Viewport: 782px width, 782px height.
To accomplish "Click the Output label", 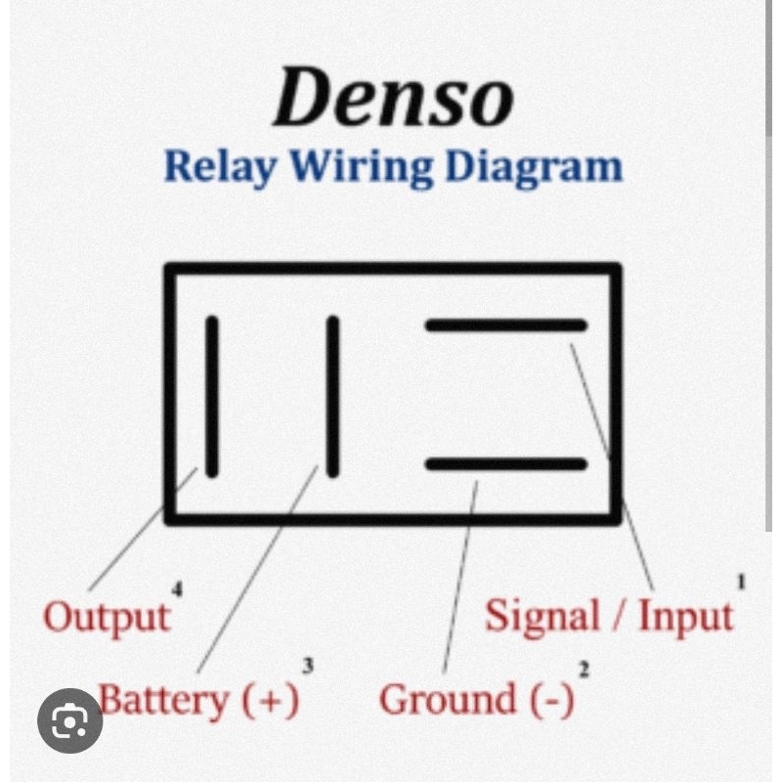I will click(x=106, y=618).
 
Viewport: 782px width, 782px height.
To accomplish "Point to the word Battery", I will click(x=162, y=700).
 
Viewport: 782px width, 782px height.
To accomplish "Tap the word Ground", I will click(x=447, y=700).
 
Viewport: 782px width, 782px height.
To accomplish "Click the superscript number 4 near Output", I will click(x=177, y=588).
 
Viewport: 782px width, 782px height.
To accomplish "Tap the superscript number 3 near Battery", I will click(x=308, y=667).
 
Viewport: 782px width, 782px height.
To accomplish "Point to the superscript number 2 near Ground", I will click(x=584, y=671).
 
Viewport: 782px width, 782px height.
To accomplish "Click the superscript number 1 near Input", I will click(x=741, y=584).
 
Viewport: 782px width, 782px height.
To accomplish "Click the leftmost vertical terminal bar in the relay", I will click(x=212, y=396).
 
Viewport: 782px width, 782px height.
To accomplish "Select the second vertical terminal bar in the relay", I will click(x=332, y=396).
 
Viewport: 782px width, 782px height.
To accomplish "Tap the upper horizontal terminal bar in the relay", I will click(x=506, y=326).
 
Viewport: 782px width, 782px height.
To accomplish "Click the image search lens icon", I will click(x=70, y=721).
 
